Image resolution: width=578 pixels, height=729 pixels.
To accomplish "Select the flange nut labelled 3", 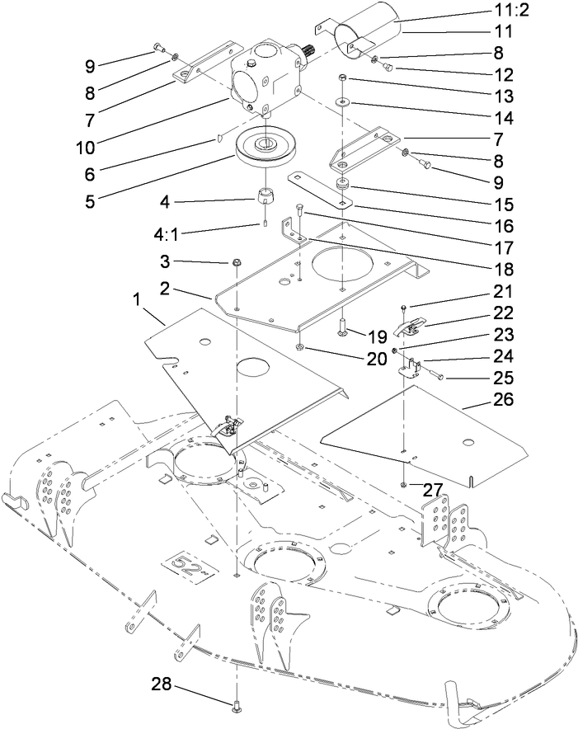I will (236, 262).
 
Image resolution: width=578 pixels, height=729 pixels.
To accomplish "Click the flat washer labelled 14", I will (341, 104).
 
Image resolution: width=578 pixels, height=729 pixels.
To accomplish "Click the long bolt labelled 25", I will (437, 375).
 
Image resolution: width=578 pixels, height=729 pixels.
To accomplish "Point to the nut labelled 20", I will (303, 350).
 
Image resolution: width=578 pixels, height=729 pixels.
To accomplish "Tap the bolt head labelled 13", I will (341, 79).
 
